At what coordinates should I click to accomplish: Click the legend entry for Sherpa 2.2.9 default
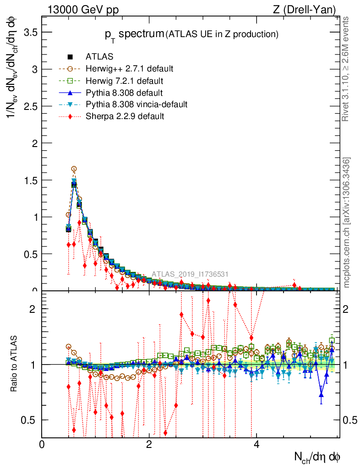(125, 116)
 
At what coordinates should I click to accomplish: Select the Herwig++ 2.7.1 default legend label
(129, 69)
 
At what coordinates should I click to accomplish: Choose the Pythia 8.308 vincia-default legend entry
(136, 104)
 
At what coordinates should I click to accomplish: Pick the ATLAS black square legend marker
(71, 57)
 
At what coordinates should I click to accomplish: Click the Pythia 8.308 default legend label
(124, 93)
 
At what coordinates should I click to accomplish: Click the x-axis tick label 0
(42, 444)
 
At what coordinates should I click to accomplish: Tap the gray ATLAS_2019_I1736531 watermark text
(190, 274)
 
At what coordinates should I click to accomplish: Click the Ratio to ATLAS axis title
(14, 365)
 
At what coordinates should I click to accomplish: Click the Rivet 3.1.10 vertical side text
(347, 69)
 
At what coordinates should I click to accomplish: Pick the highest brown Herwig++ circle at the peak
(74, 169)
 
